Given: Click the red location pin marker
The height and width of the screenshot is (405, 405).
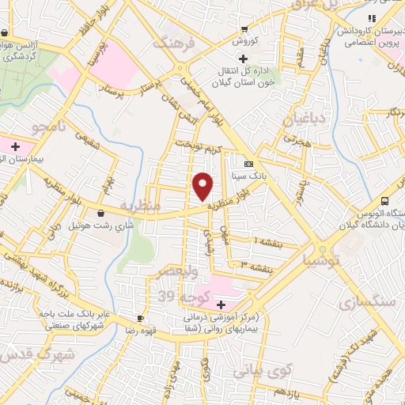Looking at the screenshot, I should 203,187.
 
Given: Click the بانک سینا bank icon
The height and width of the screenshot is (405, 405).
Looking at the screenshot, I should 249,165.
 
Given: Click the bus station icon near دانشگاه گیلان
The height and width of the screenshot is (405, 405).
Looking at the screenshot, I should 384,201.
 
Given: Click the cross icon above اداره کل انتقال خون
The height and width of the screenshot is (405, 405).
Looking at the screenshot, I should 243,59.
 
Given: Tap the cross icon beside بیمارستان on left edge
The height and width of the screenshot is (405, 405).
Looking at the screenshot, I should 15,146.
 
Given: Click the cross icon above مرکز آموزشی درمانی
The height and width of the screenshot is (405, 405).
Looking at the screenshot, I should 221,305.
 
